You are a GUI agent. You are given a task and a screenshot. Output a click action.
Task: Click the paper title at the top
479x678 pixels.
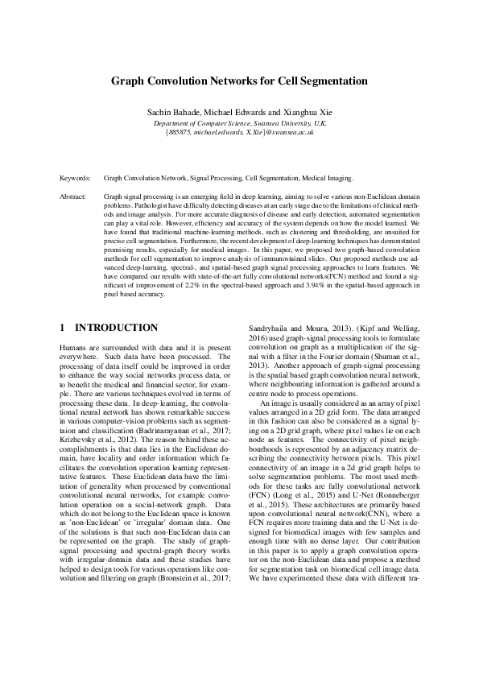(x=239, y=81)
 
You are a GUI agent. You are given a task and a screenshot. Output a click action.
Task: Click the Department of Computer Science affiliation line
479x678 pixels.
(x=239, y=120)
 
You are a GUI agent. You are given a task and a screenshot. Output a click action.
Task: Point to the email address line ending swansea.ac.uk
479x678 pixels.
(x=239, y=130)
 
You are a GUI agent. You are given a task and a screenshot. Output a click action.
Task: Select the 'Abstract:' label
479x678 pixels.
(x=74, y=196)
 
